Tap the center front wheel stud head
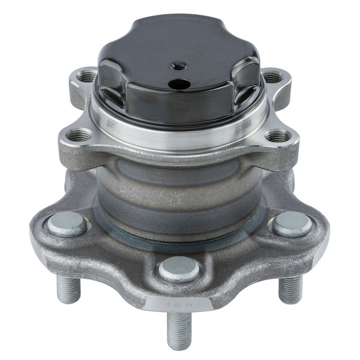[179, 269]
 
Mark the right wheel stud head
[292, 224]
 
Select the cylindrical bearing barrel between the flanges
[180, 192]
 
